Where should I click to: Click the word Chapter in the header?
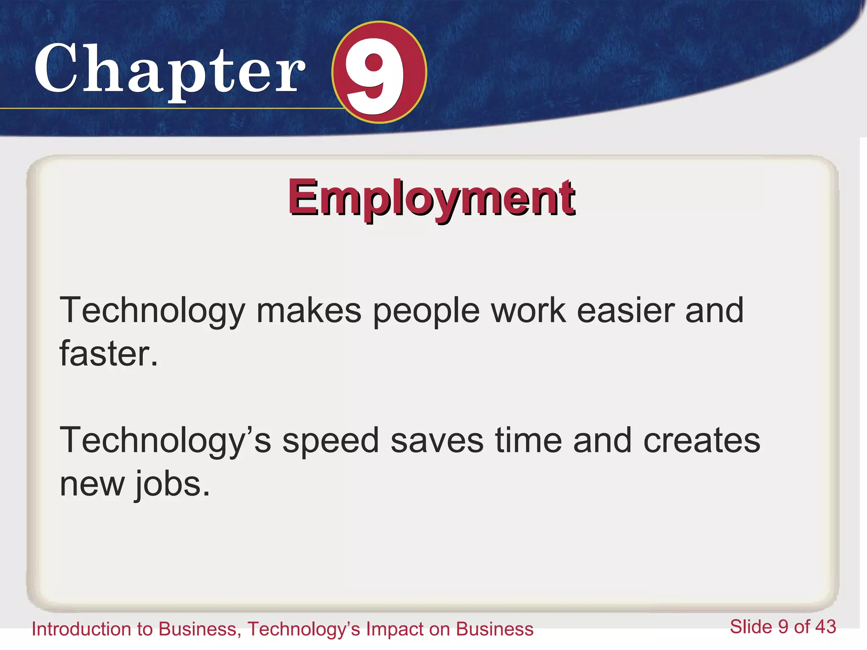click(x=169, y=70)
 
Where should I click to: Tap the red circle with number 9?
click(x=379, y=72)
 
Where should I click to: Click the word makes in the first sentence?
click(x=309, y=311)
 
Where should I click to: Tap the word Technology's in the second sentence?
click(x=165, y=441)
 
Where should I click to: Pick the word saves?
click(x=436, y=441)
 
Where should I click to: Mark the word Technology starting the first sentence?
click(x=152, y=311)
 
